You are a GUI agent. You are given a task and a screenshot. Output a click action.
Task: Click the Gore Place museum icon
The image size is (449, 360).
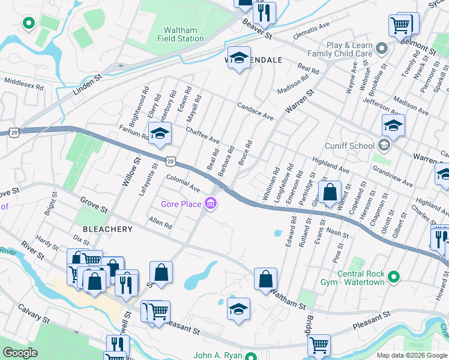[211, 205]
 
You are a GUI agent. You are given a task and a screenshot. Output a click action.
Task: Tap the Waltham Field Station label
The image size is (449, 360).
[181, 34]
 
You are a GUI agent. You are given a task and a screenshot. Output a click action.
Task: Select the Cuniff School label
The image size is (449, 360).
[350, 145]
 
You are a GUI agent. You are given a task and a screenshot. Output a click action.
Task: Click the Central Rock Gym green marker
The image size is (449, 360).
[394, 277]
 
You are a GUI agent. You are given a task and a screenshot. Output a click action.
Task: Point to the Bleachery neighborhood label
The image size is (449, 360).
[107, 229]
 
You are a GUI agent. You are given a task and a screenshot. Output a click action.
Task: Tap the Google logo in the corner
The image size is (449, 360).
[20, 353]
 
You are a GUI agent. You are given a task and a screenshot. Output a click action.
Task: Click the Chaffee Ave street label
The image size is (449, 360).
[202, 135]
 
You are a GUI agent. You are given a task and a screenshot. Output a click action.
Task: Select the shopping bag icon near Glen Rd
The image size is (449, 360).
[330, 193]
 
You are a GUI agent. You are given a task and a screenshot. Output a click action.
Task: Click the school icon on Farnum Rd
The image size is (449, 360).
[160, 134]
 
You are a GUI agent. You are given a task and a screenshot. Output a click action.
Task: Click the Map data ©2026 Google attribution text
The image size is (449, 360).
[411, 355]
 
